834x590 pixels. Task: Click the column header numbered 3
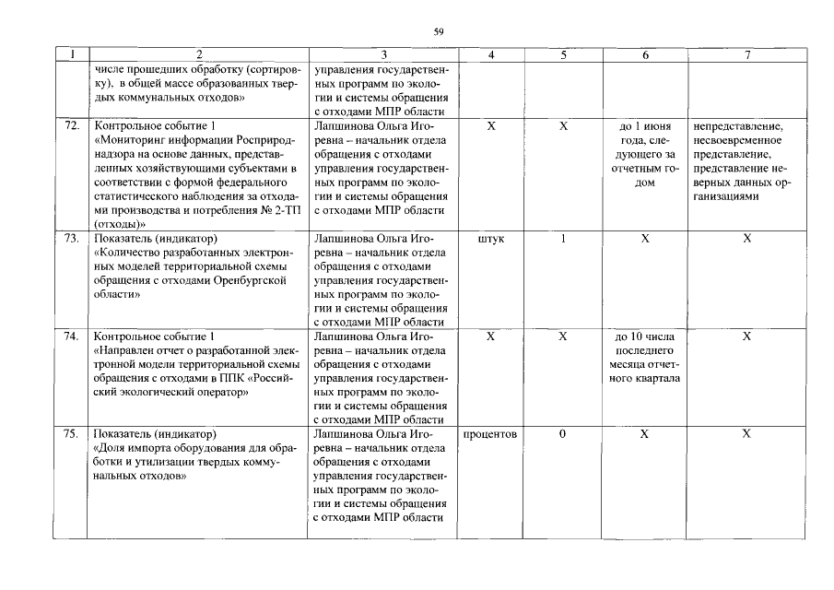click(383, 55)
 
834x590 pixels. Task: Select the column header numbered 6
click(645, 55)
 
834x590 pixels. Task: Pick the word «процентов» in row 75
click(490, 433)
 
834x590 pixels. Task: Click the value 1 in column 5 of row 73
click(563, 239)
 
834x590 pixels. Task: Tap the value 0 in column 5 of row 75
click(562, 433)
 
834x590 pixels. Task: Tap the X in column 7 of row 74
click(747, 336)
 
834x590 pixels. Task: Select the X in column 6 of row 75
click(645, 433)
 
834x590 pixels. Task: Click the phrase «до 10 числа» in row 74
click(645, 336)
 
